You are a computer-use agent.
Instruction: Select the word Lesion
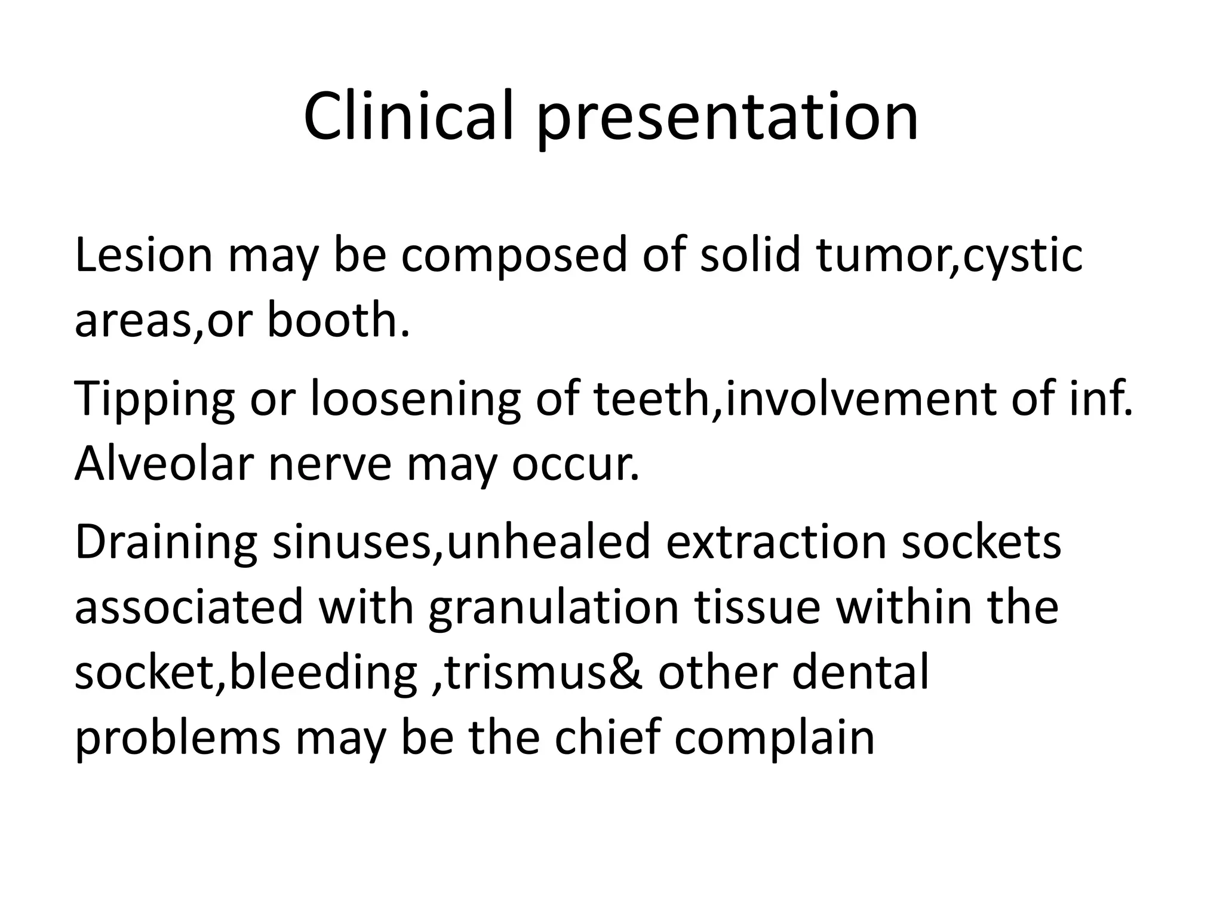tap(143, 256)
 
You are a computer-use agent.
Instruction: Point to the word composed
tap(514, 256)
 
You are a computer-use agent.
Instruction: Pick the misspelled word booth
tap(338, 320)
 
